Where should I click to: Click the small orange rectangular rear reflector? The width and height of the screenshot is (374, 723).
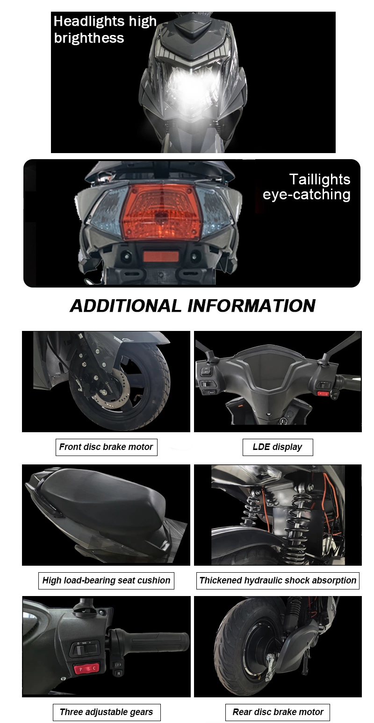pos(160,256)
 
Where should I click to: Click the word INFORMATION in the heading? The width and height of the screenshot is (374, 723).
pos(251,306)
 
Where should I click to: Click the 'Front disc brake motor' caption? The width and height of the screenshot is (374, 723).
pos(106,447)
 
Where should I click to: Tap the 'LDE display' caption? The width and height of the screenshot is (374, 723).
pos(277,447)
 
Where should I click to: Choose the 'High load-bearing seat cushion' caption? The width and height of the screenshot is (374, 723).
pos(106,580)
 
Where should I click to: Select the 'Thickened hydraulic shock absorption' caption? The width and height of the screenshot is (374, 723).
pos(278,580)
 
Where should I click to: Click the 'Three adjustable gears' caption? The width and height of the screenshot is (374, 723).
pos(106,712)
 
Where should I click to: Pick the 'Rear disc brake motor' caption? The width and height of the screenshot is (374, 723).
pos(278,712)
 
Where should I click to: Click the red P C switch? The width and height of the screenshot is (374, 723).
pos(87,668)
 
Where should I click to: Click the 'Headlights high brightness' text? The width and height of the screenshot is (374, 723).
pos(105,29)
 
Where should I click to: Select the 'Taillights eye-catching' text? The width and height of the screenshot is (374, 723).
pos(307,187)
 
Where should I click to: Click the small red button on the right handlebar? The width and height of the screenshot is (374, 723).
pos(323,393)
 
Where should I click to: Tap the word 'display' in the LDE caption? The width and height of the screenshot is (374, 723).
pos(287,447)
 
